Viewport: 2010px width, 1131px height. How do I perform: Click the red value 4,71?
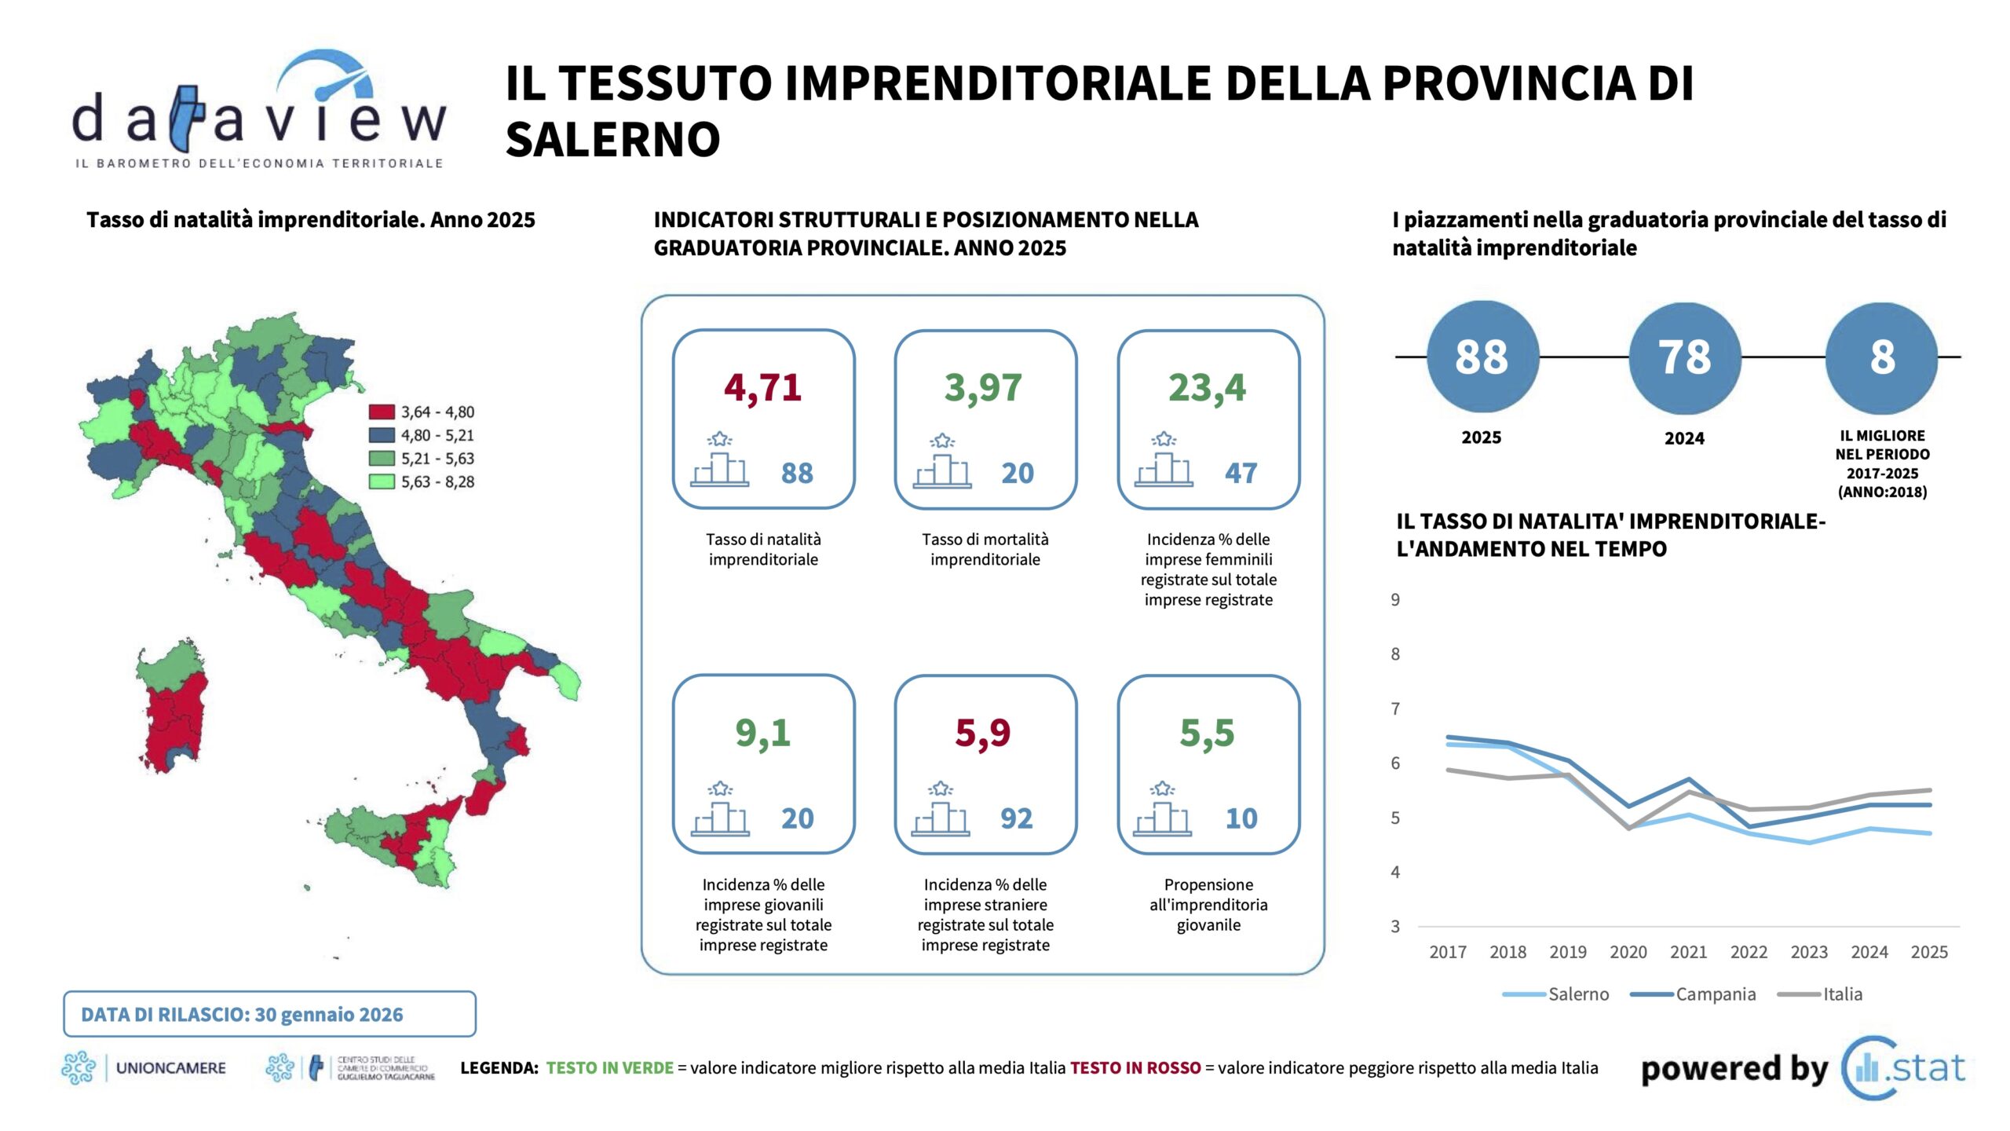tap(762, 387)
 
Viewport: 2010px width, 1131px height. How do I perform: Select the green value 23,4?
tap(1207, 387)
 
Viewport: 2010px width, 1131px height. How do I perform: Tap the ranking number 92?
tap(1016, 818)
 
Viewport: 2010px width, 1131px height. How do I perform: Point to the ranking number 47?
tap(1241, 473)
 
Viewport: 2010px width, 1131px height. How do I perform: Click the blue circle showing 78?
tap(1684, 357)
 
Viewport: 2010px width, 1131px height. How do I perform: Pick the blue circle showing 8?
tap(1881, 357)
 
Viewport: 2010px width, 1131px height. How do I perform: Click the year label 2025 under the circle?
tap(1481, 437)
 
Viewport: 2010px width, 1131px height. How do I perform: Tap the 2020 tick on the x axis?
tap(1628, 952)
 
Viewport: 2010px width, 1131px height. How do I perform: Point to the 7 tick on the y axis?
tap(1395, 708)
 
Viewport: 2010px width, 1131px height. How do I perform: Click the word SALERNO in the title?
tap(612, 140)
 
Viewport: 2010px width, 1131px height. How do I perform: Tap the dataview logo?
tap(259, 110)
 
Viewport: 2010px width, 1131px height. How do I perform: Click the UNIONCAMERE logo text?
tap(170, 1068)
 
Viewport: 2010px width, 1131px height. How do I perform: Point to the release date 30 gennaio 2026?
tap(328, 1015)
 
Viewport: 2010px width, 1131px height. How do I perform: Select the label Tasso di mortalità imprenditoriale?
tap(985, 549)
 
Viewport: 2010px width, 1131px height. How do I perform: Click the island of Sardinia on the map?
tap(173, 707)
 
